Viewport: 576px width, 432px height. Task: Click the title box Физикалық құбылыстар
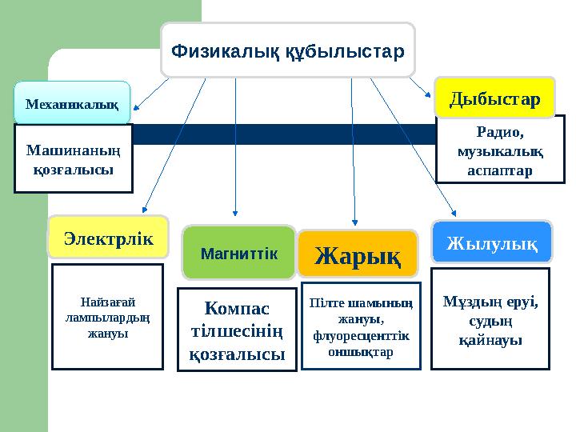(288, 50)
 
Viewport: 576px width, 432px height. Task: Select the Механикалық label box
(72, 102)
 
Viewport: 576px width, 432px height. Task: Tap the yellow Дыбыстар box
(494, 98)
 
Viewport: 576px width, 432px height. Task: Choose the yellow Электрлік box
(108, 237)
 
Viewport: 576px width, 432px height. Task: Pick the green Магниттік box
(238, 252)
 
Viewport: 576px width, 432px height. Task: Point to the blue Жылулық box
(491, 242)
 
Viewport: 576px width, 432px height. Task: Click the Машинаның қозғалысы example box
(73, 158)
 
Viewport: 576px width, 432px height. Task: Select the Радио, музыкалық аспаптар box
(499, 150)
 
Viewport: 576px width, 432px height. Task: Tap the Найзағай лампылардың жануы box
(107, 317)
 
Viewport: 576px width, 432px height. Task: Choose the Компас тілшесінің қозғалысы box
(237, 330)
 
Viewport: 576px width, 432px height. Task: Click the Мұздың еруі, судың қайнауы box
(490, 318)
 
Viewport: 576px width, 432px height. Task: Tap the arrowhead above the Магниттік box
(235, 213)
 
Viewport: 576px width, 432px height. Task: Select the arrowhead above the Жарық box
(354, 220)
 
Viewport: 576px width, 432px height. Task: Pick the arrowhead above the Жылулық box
(454, 212)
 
